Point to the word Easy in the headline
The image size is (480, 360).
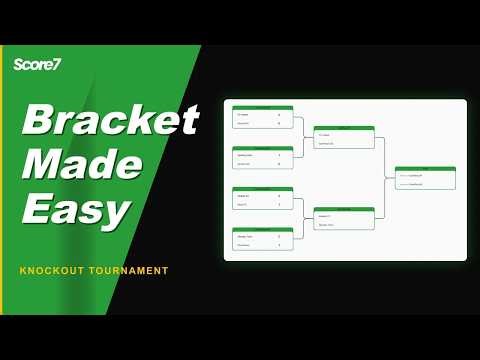pos(76,211)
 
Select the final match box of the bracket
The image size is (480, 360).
pos(425,178)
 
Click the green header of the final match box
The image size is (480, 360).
pos(425,169)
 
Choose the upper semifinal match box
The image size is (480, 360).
pos(344,137)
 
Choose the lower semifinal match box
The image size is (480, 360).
pos(344,218)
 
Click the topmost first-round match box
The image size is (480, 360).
pos(263,117)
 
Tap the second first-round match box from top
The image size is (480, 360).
pos(263,158)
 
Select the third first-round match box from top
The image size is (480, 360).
pos(263,198)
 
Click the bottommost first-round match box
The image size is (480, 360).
pos(263,239)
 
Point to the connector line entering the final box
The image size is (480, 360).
pos(390,178)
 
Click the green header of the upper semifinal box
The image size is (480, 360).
pos(344,128)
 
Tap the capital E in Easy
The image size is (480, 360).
pos(37,211)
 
